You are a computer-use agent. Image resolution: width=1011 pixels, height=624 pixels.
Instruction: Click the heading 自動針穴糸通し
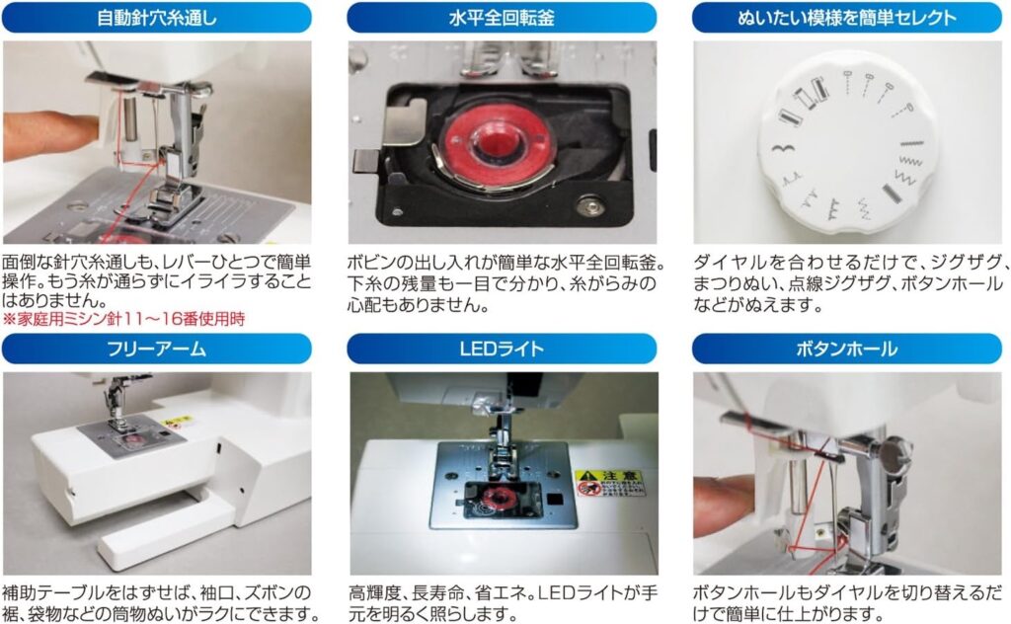(x=157, y=18)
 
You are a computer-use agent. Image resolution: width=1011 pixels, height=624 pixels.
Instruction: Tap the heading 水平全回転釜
(x=502, y=18)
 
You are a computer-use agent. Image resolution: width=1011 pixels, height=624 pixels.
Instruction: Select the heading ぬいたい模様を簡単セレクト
(x=846, y=18)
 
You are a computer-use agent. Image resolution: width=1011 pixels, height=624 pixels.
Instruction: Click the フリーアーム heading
(x=157, y=349)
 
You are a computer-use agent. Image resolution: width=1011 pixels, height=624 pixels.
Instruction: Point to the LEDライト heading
(x=502, y=349)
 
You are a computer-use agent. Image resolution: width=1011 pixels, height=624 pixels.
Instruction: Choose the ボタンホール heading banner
(x=846, y=349)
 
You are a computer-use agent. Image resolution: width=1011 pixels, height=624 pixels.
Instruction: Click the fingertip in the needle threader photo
(x=51, y=135)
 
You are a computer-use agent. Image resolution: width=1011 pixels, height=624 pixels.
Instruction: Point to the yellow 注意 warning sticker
(x=609, y=483)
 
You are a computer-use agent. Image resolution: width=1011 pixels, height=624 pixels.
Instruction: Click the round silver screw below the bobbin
(x=589, y=206)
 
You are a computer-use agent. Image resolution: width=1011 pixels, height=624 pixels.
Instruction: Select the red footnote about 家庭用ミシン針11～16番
(x=124, y=319)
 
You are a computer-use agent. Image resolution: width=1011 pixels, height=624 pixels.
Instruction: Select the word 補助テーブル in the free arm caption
(x=50, y=591)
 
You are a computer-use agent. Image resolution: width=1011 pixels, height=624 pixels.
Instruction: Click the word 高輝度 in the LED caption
(x=376, y=591)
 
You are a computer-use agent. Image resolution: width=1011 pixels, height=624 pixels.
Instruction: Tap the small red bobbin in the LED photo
(x=496, y=498)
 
